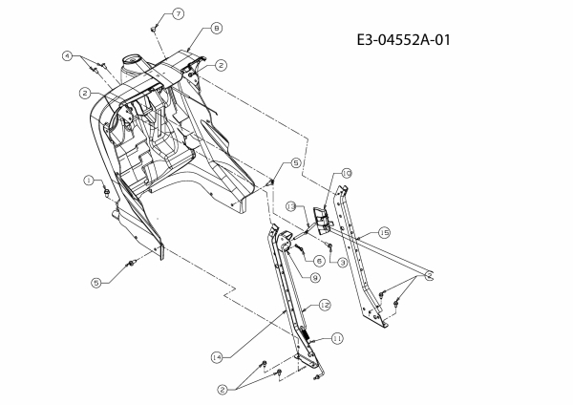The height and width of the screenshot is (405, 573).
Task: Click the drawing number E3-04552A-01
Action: point(403,39)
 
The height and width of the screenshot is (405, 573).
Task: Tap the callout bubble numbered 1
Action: point(89,181)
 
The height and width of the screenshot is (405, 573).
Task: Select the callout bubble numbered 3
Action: point(342,263)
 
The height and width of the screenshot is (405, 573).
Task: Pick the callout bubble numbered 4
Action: point(67,56)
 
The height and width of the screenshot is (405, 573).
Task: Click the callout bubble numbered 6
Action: point(319,261)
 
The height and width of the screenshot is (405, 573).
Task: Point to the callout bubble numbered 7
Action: point(178,14)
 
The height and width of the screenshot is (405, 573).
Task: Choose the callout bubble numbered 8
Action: point(217,28)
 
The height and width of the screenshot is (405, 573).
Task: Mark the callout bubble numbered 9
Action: point(314,278)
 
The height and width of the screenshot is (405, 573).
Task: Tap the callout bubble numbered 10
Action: point(347,173)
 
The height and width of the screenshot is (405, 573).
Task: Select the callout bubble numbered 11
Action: point(337,339)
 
